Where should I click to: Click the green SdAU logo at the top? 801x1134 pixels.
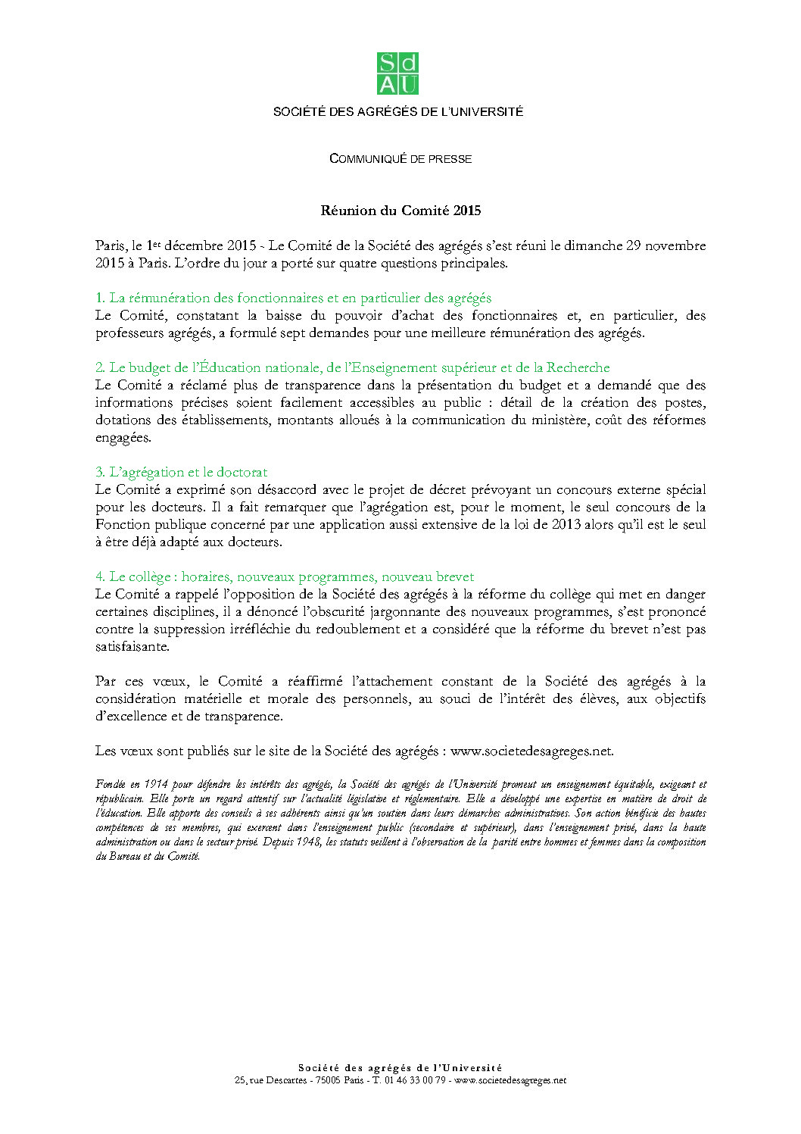click(397, 73)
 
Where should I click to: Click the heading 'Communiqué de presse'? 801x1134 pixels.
click(400, 159)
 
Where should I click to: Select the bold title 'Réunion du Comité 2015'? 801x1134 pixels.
click(400, 211)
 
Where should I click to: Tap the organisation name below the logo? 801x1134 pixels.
click(398, 112)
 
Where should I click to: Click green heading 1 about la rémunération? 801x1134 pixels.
click(293, 298)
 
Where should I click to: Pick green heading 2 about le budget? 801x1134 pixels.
click(352, 367)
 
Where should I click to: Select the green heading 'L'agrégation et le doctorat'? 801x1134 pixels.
click(181, 472)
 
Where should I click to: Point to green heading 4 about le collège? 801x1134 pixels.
click(285, 576)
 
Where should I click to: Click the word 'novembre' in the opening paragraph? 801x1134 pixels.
click(675, 245)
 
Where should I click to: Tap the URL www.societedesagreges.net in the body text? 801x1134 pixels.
click(531, 751)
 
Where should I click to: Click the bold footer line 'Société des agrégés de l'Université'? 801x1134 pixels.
click(400, 1068)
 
